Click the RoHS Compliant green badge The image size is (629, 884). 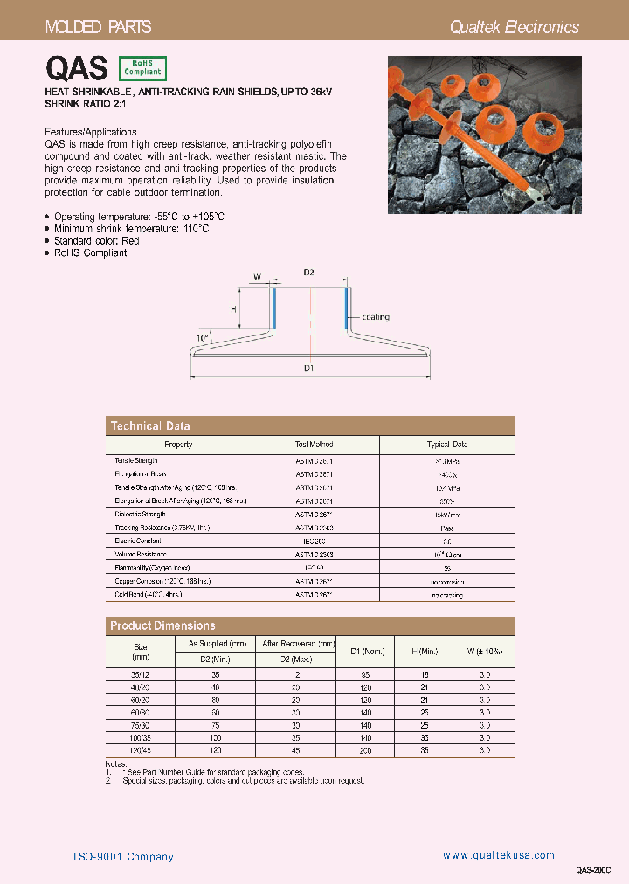tap(142, 68)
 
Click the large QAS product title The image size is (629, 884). tap(76, 68)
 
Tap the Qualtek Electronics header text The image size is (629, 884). tap(514, 27)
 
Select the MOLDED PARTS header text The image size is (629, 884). tap(98, 27)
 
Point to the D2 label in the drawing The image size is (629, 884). tap(308, 273)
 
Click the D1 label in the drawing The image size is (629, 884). tap(308, 369)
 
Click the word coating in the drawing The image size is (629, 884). tap(376, 317)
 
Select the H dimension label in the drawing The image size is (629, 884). tap(233, 309)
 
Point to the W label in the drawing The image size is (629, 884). tap(257, 277)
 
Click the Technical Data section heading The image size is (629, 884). tap(149, 426)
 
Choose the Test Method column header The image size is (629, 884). tap(314, 445)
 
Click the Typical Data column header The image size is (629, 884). tap(446, 445)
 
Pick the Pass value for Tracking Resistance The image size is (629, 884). tap(446, 528)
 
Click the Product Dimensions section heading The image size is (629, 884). tap(162, 625)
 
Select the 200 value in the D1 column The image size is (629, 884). tap(366, 750)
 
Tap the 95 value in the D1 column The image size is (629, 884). tap(366, 675)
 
